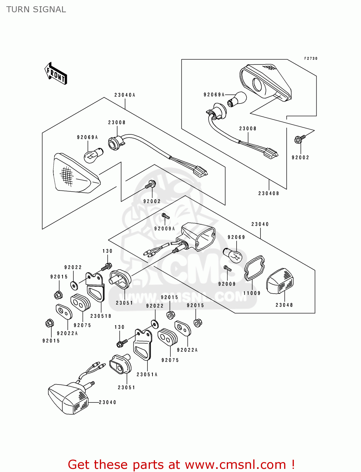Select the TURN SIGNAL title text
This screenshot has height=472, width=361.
[x=36, y=9]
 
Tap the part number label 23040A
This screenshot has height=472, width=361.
[x=125, y=95]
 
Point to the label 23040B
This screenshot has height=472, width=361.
[x=269, y=194]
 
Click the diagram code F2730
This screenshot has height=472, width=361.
[x=311, y=59]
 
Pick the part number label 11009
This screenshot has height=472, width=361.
[x=252, y=293]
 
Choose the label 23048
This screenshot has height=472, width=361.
[x=284, y=305]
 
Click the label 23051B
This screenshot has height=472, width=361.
[x=101, y=316]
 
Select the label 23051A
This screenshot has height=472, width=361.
[x=147, y=374]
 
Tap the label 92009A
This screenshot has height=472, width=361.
[x=164, y=229]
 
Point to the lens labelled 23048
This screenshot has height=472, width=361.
[x=280, y=281]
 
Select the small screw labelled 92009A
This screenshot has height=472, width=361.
[x=165, y=216]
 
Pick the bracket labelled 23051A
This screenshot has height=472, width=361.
[x=143, y=345]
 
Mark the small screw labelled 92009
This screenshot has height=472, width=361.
[x=227, y=268]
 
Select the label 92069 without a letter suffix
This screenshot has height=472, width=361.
[x=236, y=237]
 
